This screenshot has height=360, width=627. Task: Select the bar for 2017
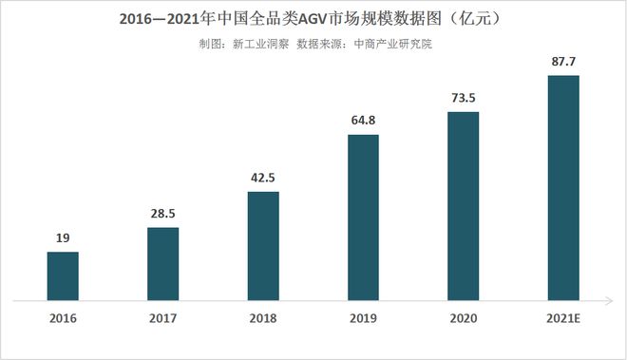click(x=162, y=264)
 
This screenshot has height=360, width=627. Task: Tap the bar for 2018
click(x=263, y=246)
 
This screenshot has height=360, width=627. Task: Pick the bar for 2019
click(x=363, y=218)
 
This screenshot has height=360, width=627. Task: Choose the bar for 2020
click(x=464, y=206)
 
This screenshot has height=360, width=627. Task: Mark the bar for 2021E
click(x=563, y=188)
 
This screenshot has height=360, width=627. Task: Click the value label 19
click(x=63, y=239)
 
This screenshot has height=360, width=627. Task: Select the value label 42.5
click(x=263, y=179)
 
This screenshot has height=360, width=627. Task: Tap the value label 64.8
click(x=363, y=122)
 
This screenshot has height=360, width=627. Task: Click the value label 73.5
click(x=464, y=99)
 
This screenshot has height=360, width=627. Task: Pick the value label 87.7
click(x=563, y=63)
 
